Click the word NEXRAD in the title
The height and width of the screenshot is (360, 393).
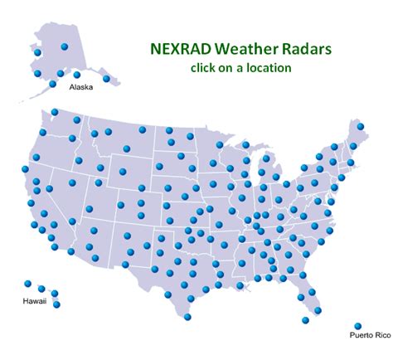181,49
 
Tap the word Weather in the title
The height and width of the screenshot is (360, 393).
247,49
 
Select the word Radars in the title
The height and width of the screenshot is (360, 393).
307,49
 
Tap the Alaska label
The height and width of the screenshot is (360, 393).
81,87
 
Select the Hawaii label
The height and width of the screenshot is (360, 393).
35,301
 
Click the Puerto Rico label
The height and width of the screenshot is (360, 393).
371,335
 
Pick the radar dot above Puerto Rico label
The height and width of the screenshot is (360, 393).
358,326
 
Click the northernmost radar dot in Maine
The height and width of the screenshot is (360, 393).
361,126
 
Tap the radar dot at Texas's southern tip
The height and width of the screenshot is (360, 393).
187,317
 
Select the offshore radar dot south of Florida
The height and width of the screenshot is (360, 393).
305,320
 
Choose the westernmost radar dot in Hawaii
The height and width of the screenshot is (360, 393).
27,284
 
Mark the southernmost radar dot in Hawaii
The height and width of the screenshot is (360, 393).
56,304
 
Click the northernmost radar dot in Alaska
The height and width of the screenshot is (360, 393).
65,46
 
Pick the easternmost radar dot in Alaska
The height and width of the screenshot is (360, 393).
106,79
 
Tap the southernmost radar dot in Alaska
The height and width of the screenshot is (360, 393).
52,84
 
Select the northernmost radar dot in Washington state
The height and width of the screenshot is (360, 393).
55,112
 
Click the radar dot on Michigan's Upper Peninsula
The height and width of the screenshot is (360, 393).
245,144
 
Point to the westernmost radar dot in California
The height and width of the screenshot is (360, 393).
25,169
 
